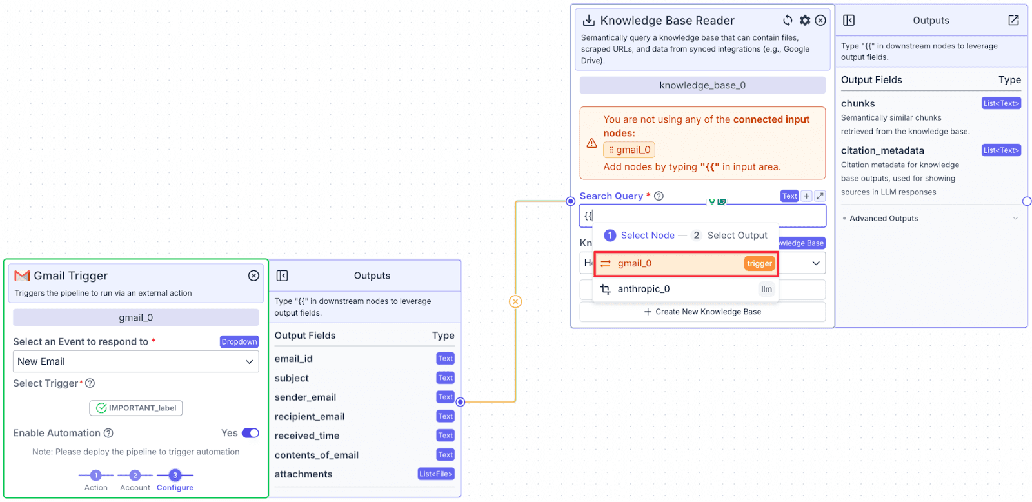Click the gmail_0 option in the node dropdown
pyautogui.click(x=686, y=264)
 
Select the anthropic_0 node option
pyautogui.click(x=686, y=289)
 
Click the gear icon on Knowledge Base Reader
pyautogui.click(x=804, y=20)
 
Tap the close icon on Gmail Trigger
pyautogui.click(x=253, y=276)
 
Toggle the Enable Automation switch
pyautogui.click(x=250, y=433)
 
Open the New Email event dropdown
pyautogui.click(x=136, y=361)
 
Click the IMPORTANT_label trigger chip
pyautogui.click(x=136, y=408)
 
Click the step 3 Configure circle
pyautogui.click(x=175, y=476)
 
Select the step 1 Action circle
pyautogui.click(x=96, y=476)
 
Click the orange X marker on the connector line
pyautogui.click(x=515, y=301)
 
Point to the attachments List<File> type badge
pyautogui.click(x=436, y=474)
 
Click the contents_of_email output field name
pyautogui.click(x=317, y=455)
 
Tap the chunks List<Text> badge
pyautogui.click(x=1001, y=103)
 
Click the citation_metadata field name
pyautogui.click(x=883, y=150)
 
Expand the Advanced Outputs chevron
pyautogui.click(x=1015, y=219)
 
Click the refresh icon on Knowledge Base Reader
pyautogui.click(x=788, y=20)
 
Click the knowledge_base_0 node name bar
pyautogui.click(x=702, y=85)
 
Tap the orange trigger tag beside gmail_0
pyautogui.click(x=759, y=264)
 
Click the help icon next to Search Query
pyautogui.click(x=659, y=196)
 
